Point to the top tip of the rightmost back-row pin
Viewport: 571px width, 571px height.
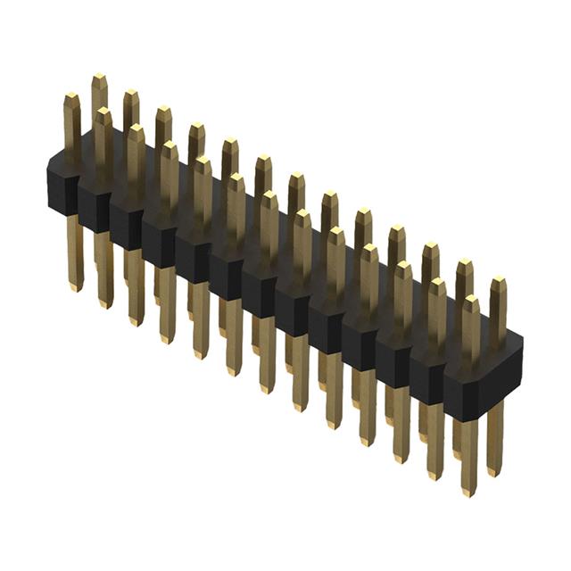[498, 281]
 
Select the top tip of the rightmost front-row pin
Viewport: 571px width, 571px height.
[470, 300]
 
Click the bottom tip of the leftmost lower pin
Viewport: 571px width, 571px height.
[75, 287]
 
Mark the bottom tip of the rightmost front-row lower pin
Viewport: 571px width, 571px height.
[468, 491]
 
